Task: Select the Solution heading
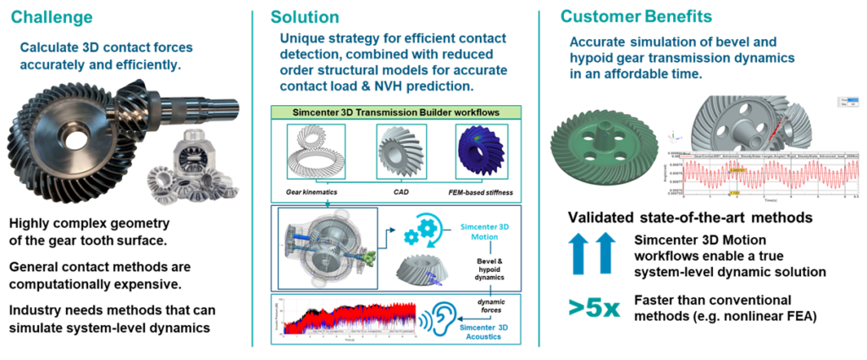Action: (x=304, y=17)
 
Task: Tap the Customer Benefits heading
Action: (x=636, y=16)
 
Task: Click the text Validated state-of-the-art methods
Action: (x=690, y=218)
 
